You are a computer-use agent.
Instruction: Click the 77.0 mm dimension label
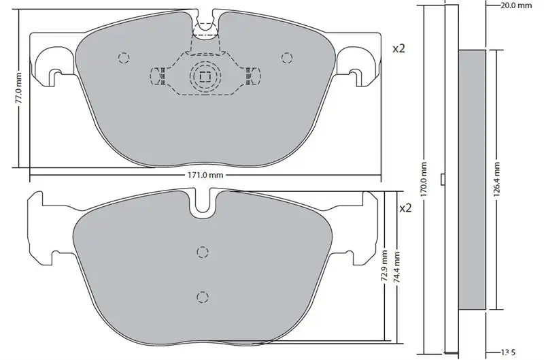coord(18,88)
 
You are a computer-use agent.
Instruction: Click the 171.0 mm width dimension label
coord(205,175)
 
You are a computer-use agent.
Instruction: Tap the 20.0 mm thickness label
coord(516,5)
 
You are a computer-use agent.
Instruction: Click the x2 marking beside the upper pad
coord(398,49)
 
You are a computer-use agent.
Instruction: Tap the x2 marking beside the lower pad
coord(405,208)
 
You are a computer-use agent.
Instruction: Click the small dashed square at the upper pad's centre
coord(205,76)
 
